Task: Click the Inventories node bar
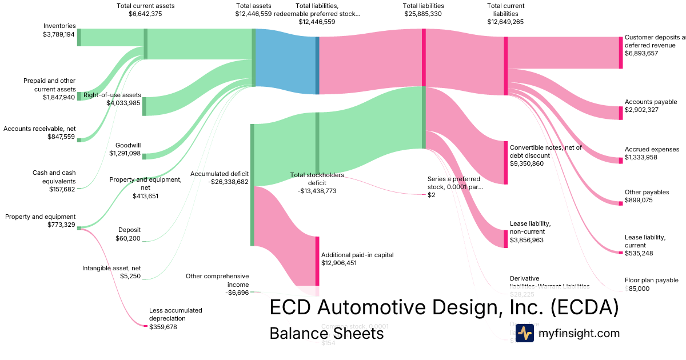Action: click(x=79, y=37)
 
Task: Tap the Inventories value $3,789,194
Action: click(x=59, y=34)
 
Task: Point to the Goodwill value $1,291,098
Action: click(x=125, y=153)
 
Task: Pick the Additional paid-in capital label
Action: click(x=358, y=255)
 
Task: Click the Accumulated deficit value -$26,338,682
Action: click(x=220, y=182)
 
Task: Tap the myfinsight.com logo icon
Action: click(x=524, y=333)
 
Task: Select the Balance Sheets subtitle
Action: click(x=326, y=333)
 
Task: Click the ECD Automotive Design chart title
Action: click(x=444, y=307)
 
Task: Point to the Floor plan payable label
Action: click(x=652, y=280)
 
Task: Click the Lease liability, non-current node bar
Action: click(x=505, y=238)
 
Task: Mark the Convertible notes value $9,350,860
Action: click(x=527, y=163)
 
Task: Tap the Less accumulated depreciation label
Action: click(x=176, y=314)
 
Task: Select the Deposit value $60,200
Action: click(x=128, y=238)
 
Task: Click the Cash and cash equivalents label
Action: click(x=54, y=177)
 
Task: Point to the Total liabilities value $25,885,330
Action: click(x=423, y=14)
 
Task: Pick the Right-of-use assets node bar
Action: click(x=144, y=106)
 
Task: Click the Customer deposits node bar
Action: click(x=621, y=53)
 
